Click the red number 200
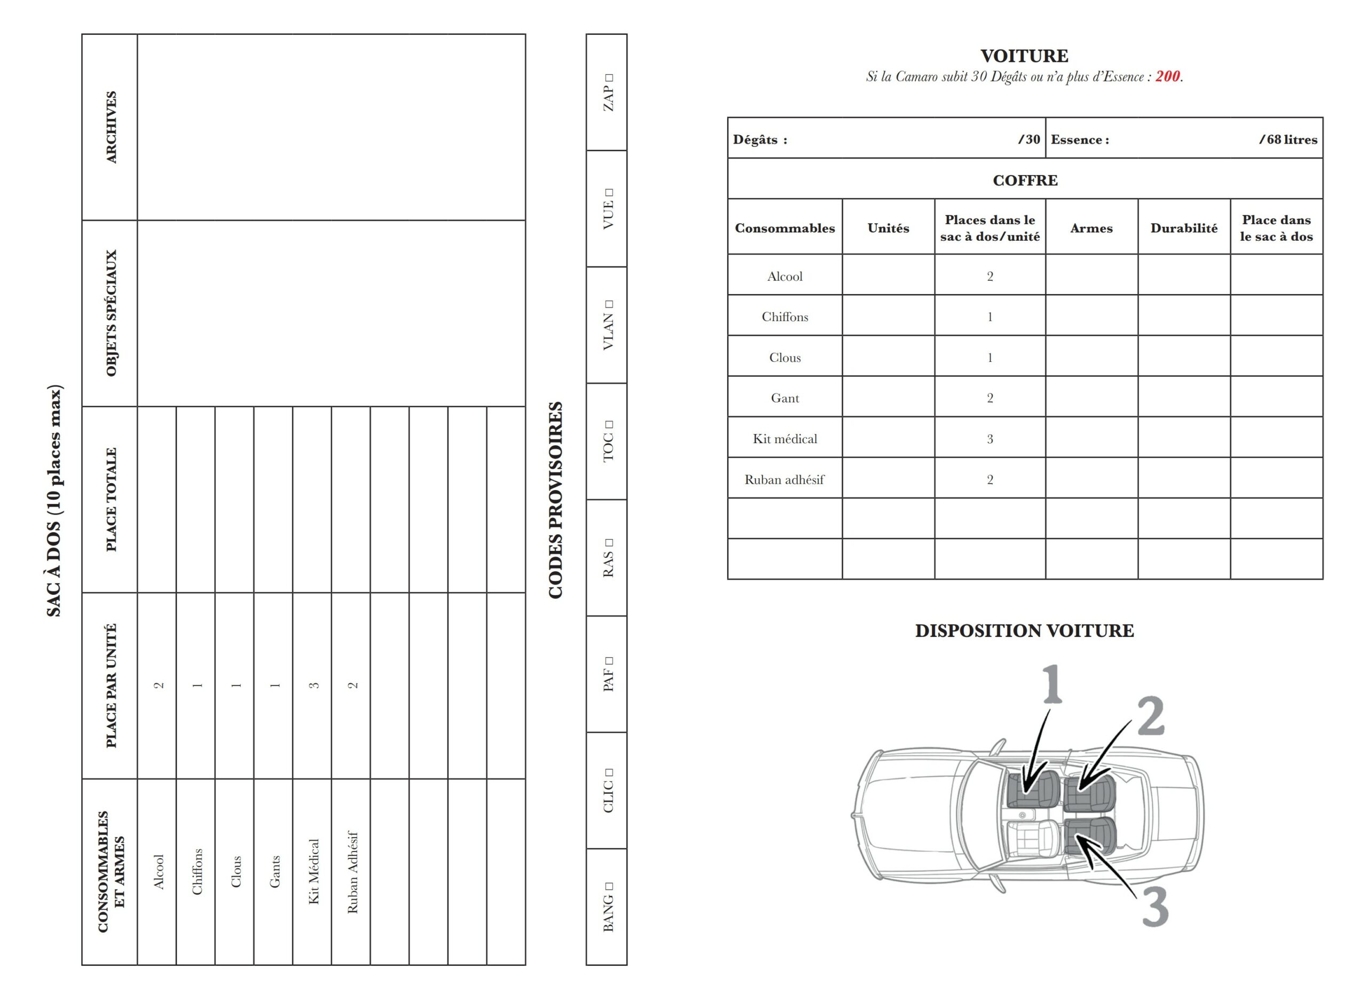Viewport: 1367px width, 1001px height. pos(1167,76)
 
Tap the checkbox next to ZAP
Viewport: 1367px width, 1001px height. pos(609,77)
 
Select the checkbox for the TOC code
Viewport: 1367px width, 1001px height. pos(609,425)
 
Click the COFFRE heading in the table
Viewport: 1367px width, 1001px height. pos(1025,180)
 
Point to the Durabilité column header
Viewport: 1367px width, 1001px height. pos(1183,228)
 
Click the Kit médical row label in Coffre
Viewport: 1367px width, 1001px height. pos(785,439)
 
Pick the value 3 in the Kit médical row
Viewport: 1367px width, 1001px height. pos(989,439)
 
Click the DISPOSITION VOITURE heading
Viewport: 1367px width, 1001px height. pos(1024,631)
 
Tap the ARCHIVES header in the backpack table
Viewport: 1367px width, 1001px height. pos(111,127)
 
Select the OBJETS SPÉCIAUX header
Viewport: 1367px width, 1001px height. pos(111,313)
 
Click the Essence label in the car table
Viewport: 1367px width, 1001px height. pos(1079,139)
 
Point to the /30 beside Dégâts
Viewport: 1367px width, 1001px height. pos(1029,139)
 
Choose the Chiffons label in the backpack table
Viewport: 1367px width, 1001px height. pos(197,871)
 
